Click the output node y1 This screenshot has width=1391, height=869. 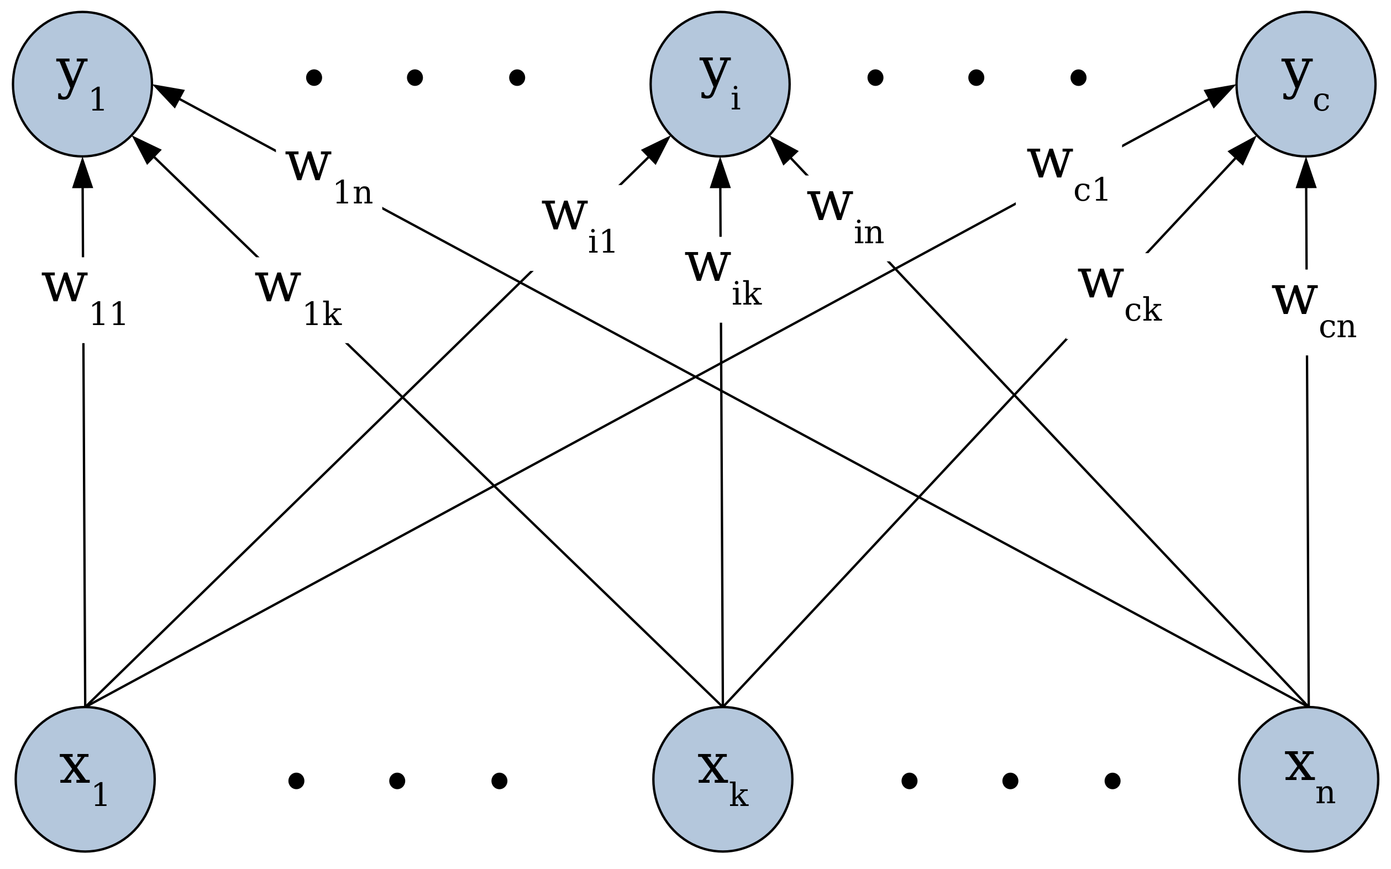coord(82,84)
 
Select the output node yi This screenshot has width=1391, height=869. coord(720,84)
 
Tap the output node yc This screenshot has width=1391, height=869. coord(1305,84)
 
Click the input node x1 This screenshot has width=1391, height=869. coord(85,779)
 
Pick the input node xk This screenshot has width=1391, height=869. coord(722,779)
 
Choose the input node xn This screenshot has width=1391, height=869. coord(1308,779)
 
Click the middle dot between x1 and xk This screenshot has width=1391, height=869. coord(397,781)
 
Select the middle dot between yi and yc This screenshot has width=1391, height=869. coord(975,77)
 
